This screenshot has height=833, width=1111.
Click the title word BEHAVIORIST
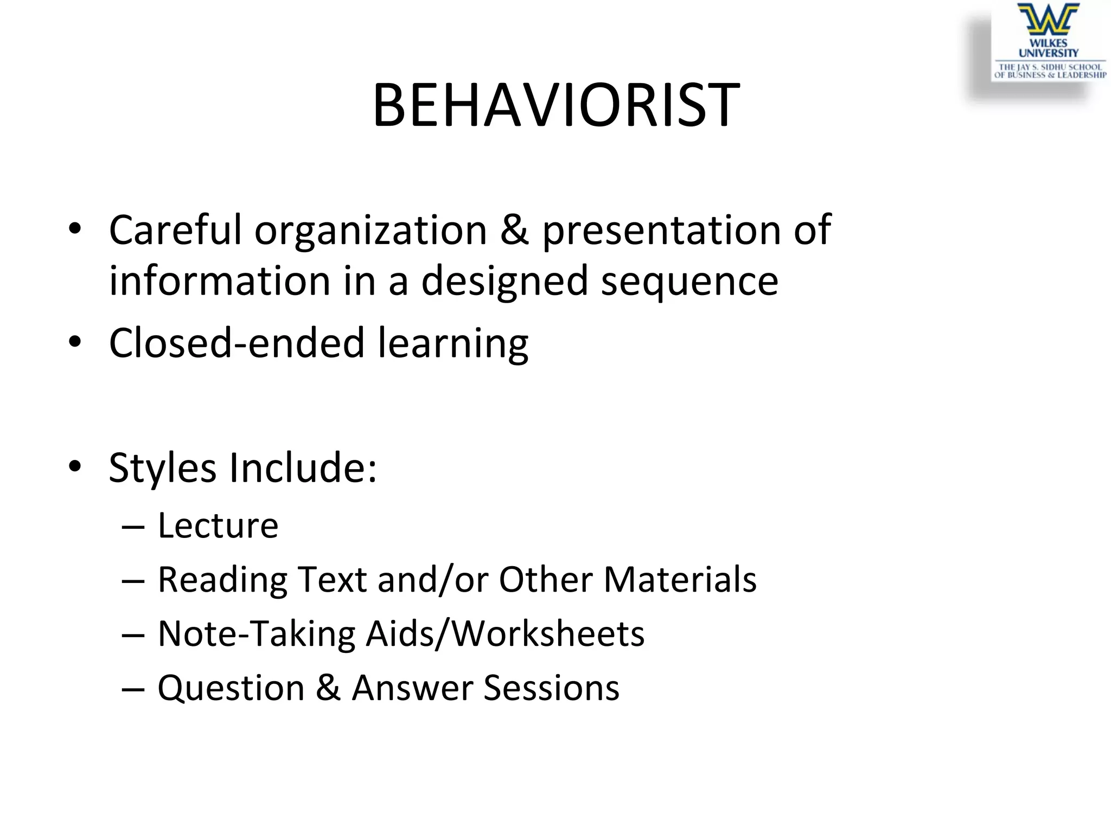point(555,104)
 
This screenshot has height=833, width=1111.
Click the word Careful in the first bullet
point(175,230)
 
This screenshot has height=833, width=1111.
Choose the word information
point(220,281)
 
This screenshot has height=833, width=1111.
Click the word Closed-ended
point(237,343)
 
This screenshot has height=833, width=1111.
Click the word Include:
point(303,467)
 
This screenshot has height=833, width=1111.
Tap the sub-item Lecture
point(218,525)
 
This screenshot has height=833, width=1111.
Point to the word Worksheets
point(548,633)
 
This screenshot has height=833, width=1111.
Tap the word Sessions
point(551,688)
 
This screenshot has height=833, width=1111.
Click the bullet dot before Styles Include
point(75,466)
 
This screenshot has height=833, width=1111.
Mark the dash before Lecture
point(133,527)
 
